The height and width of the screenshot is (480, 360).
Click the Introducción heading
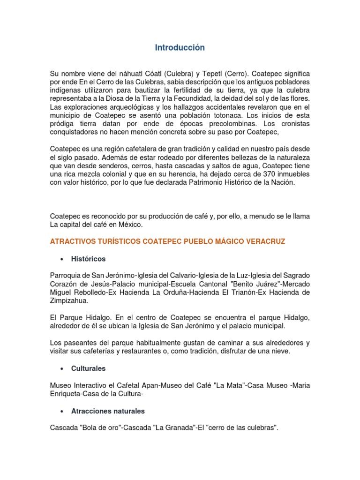coord(180,48)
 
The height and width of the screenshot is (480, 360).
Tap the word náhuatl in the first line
coord(128,74)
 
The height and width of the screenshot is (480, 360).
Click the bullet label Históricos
coord(88,259)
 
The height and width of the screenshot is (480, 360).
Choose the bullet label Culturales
coord(88,369)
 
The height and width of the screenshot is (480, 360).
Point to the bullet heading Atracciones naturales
coord(108,411)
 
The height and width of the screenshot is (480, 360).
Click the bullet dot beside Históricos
coord(62,259)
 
